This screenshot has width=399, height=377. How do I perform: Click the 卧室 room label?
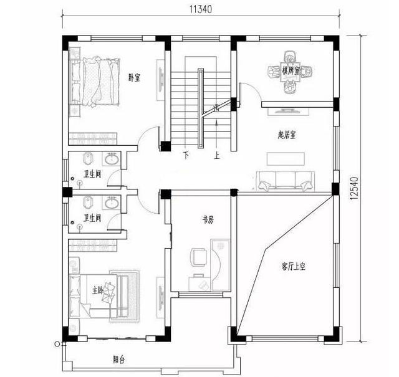tap(133, 78)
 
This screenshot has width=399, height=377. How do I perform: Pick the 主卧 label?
tap(97, 290)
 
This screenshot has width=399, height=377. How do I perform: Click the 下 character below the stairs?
tap(186, 155)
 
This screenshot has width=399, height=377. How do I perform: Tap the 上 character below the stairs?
tap(216, 155)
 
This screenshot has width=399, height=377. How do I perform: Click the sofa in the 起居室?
tap(284, 181)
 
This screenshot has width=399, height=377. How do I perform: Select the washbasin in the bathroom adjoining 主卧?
tap(112, 203)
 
